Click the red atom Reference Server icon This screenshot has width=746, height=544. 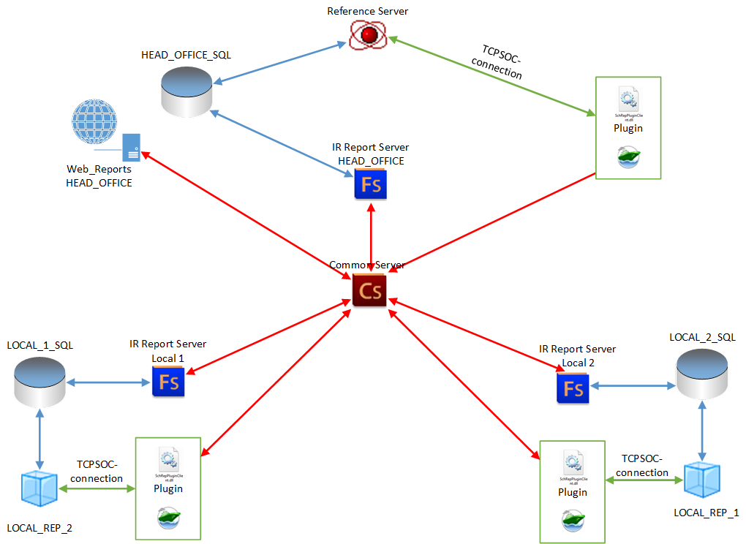point(368,34)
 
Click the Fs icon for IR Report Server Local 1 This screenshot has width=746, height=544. point(168,382)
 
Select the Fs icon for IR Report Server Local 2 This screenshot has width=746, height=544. point(573,388)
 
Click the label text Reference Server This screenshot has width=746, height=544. point(368,10)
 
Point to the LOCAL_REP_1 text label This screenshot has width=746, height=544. point(706,513)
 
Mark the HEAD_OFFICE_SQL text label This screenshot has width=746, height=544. point(186,55)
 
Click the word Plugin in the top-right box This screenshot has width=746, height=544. point(628,129)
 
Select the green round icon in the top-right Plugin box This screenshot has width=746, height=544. point(628,156)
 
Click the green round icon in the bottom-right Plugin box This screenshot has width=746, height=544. point(572,520)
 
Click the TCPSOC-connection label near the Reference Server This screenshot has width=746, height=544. point(499,61)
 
